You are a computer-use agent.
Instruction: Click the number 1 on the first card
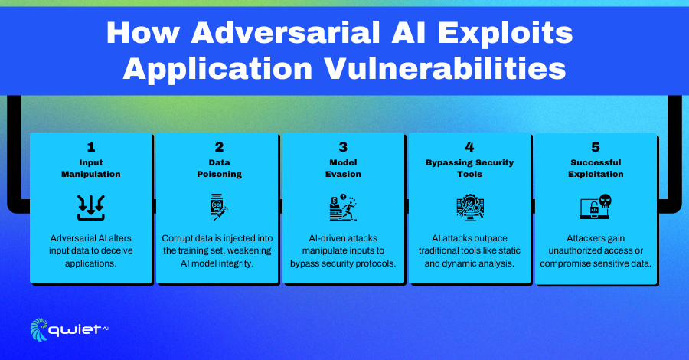[91, 147]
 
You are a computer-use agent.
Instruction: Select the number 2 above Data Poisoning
[219, 147]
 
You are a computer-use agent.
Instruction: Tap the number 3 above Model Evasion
[343, 147]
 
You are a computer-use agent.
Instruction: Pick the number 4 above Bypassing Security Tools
[469, 147]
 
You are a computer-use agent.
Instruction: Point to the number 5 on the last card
[596, 147]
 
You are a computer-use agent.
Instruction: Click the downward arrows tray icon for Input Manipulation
[91, 208]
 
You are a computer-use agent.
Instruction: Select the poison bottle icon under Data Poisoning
[218, 207]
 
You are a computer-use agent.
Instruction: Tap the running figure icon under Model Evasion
[343, 207]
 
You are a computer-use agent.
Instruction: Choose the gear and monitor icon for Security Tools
[470, 207]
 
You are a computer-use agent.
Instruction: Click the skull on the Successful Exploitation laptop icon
[605, 201]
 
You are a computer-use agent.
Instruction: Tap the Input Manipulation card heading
[91, 169]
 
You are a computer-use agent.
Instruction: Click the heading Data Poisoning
[219, 169]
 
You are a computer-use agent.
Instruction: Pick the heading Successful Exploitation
[596, 169]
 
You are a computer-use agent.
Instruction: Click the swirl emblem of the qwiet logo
[39, 329]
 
